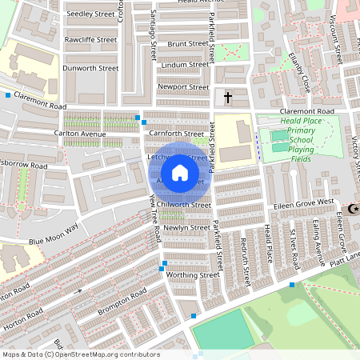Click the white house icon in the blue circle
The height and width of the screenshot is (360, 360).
click(x=179, y=172)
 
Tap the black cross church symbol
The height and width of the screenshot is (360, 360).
click(x=228, y=98)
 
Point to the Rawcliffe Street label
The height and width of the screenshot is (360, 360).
click(x=91, y=39)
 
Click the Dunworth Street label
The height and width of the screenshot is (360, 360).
click(x=90, y=68)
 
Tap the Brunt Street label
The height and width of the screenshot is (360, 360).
click(x=187, y=44)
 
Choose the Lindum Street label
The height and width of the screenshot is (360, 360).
click(x=184, y=65)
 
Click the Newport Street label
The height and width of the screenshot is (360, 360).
click(x=183, y=86)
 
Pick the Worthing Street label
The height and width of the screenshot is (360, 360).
click(x=192, y=274)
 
